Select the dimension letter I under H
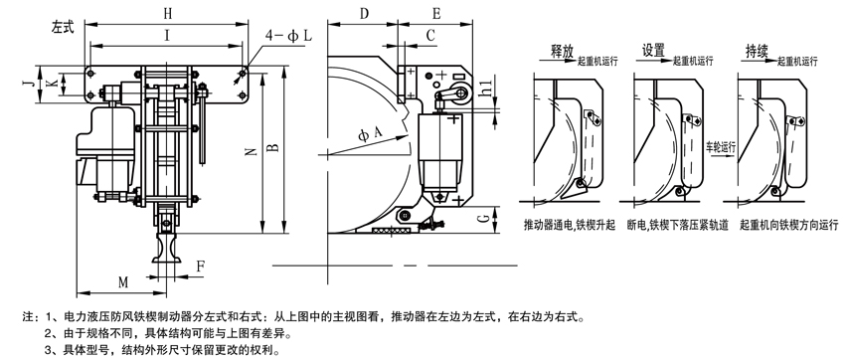(168, 36)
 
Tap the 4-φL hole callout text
(288, 36)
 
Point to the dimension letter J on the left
(32, 84)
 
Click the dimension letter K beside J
(52, 84)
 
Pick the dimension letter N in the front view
(253, 152)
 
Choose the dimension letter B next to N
(274, 145)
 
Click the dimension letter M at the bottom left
(123, 281)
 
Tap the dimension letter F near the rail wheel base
(200, 267)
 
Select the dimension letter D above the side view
(364, 14)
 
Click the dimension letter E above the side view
(436, 14)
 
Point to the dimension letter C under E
(430, 36)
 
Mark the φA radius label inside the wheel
(370, 132)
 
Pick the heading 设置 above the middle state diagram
(653, 51)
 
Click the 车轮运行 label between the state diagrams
(722, 147)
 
